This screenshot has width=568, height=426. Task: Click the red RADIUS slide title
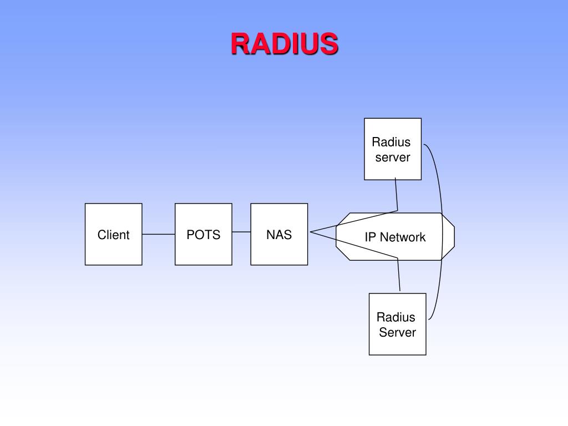pos(284,44)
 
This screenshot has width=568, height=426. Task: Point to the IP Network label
pos(395,237)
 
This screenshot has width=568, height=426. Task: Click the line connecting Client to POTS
pos(159,234)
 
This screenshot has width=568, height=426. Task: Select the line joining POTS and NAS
pos(241,232)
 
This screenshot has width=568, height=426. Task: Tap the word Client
pos(113,235)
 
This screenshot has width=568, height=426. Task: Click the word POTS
pos(203,235)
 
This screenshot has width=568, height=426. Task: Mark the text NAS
pos(279,235)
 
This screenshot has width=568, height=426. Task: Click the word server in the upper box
pos(393,158)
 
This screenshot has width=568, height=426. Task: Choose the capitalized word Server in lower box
pos(397,333)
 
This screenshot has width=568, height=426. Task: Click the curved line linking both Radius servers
pos(442,233)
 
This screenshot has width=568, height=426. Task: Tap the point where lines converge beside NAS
pos(311,232)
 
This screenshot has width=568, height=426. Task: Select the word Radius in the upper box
pos(391,142)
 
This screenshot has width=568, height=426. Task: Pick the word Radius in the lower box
pos(395,317)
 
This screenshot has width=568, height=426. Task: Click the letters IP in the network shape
pos(370,237)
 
